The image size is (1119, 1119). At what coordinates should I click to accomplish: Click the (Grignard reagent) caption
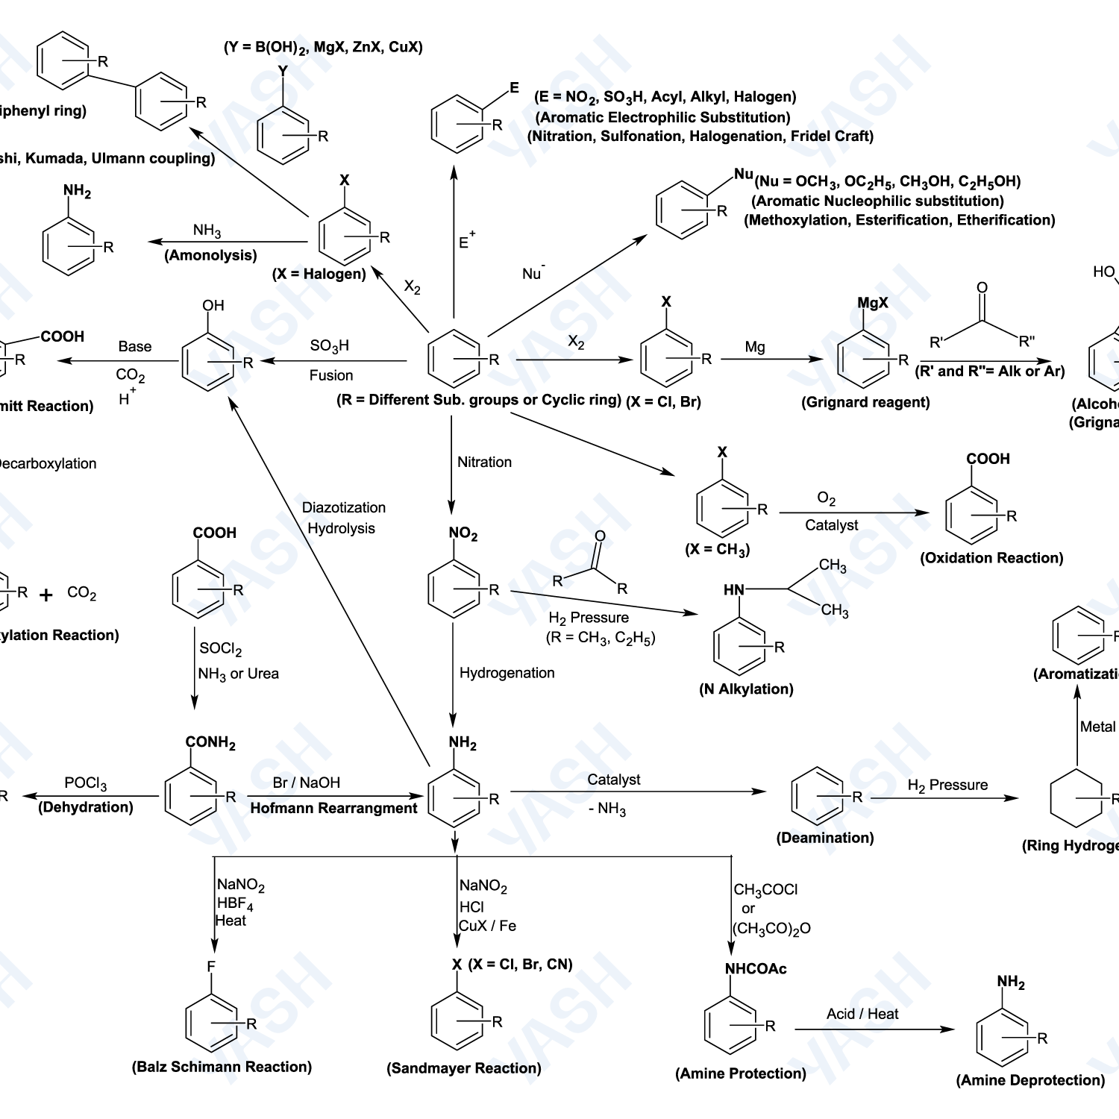(x=865, y=403)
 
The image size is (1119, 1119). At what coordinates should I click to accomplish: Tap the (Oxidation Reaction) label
(x=991, y=558)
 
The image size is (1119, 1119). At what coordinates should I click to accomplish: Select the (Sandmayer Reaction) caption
(x=463, y=1068)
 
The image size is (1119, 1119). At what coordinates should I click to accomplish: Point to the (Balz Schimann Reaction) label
(x=222, y=1067)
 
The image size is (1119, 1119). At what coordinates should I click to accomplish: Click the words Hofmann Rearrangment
(x=333, y=808)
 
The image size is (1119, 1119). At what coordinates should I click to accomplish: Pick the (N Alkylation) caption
(x=746, y=689)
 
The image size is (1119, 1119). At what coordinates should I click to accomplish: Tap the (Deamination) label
(x=825, y=838)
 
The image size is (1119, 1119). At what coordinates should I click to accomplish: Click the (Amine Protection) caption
(x=741, y=1073)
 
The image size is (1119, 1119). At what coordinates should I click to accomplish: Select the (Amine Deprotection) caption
(x=1030, y=1080)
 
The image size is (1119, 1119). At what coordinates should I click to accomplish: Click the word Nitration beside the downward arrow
(x=484, y=462)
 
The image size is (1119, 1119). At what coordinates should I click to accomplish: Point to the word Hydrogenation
(x=507, y=673)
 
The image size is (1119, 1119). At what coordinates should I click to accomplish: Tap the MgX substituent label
(x=873, y=303)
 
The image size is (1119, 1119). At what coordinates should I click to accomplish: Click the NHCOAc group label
(x=756, y=969)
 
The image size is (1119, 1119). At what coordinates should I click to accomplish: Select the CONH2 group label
(x=210, y=742)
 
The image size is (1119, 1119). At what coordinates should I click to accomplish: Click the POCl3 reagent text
(x=85, y=783)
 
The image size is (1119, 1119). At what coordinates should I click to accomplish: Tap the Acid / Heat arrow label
(x=862, y=1014)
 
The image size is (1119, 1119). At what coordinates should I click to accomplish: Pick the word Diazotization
(x=344, y=507)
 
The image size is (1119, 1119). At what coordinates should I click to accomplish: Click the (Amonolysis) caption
(x=210, y=255)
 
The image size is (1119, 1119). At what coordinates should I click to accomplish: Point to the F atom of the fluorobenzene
(x=211, y=967)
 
